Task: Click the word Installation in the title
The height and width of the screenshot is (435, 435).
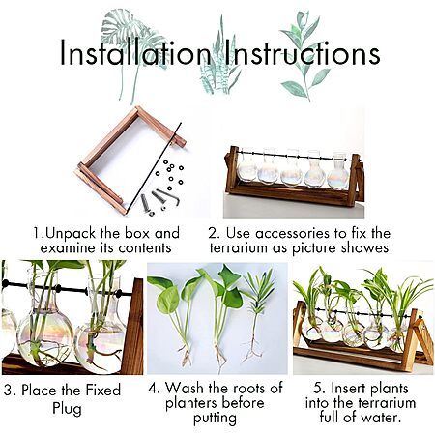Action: [135, 53]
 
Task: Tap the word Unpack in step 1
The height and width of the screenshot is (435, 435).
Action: [71, 234]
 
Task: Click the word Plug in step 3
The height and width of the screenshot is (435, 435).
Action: [67, 408]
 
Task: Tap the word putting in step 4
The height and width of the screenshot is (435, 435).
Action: [215, 419]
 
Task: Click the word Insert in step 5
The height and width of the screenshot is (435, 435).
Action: [349, 389]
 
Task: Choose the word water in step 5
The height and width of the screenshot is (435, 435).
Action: [381, 418]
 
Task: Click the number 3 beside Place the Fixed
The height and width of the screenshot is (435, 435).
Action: [9, 391]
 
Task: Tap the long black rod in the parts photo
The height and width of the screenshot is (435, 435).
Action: [155, 167]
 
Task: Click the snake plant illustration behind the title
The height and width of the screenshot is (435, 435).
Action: [219, 61]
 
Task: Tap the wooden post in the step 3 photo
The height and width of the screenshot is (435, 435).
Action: [132, 326]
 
